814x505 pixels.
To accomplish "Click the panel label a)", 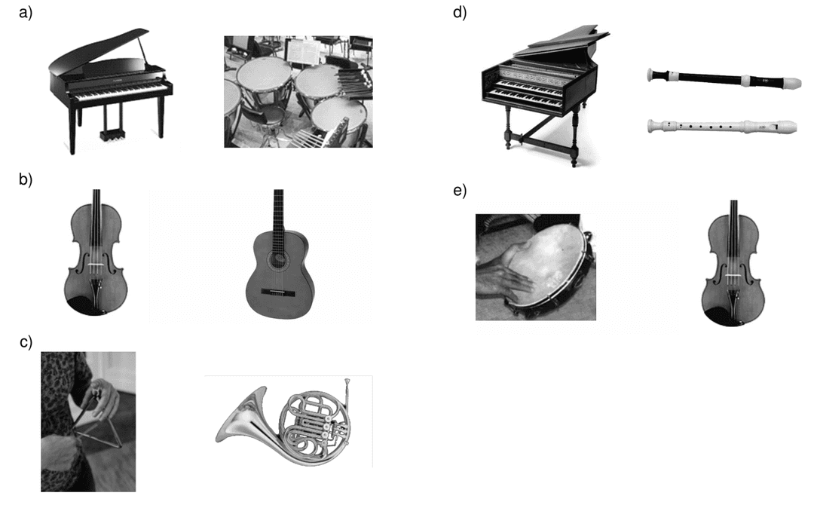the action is coord(26,13).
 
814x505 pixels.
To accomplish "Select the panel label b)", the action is coord(26,179).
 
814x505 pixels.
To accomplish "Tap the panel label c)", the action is coord(26,342).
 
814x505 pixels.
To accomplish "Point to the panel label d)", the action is coord(460,13).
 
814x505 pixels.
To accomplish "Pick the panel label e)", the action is coord(460,191).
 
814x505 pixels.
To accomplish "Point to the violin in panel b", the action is coord(94,252).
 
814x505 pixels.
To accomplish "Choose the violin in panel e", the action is coord(733,264).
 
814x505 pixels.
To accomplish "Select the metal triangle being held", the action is coord(96,426).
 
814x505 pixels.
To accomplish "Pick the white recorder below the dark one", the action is coord(722,126).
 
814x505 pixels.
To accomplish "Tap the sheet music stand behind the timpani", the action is coord(300,52).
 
